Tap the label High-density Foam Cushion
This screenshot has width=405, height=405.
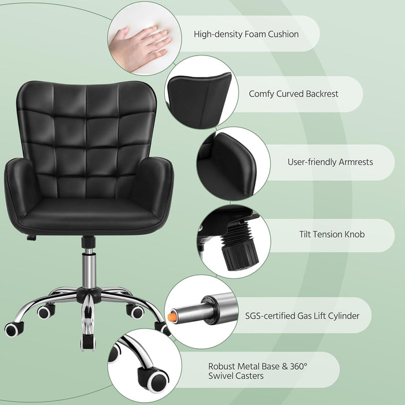click(x=246, y=34)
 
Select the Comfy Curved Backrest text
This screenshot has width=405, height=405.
click(x=293, y=94)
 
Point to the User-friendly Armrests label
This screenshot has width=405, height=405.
click(x=330, y=162)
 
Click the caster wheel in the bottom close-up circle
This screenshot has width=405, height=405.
click(x=156, y=379)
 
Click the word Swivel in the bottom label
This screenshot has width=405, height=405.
click(x=223, y=377)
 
